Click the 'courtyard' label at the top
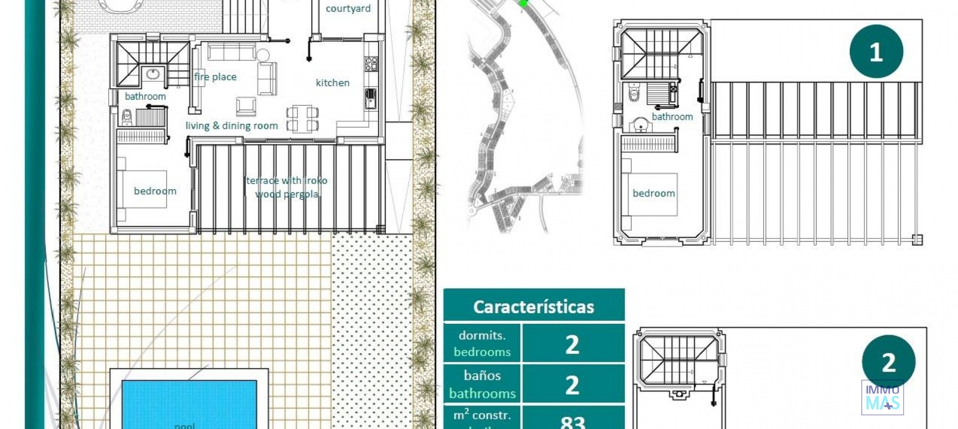tap(348, 8)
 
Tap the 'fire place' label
tap(215, 77)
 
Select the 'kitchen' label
tap(332, 83)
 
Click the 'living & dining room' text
tap(232, 126)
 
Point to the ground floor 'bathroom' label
tap(145, 96)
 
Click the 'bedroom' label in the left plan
tap(155, 191)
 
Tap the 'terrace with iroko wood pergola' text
tap(287, 187)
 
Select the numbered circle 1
tap(876, 51)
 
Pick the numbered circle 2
tap(888, 362)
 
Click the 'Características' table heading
tap(533, 306)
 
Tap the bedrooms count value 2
tap(572, 344)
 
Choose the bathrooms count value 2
tap(572, 385)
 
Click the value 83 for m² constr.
tap(572, 422)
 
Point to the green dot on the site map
tap(522, 3)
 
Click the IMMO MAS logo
tap(882, 398)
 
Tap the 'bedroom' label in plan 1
tap(654, 194)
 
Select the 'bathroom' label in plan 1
tap(672, 117)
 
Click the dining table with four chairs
tap(302, 119)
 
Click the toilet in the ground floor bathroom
tap(127, 118)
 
